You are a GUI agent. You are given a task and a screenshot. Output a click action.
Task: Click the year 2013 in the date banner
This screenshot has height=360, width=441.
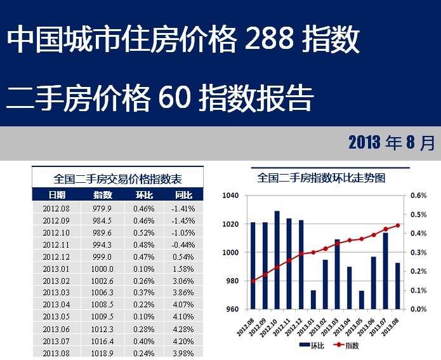[x=364, y=143]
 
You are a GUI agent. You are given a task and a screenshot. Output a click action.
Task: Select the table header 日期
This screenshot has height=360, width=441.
[x=56, y=195]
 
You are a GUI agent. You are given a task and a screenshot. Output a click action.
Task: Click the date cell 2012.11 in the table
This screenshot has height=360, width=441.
[x=56, y=244]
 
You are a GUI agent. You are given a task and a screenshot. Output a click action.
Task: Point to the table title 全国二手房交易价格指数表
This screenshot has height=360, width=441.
[x=118, y=178]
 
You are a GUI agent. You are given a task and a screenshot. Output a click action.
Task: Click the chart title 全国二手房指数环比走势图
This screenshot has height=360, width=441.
[x=321, y=178]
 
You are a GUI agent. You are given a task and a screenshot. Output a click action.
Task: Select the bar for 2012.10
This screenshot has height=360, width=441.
[x=277, y=260]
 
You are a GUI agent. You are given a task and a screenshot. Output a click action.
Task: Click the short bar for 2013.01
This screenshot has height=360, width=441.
[x=313, y=300]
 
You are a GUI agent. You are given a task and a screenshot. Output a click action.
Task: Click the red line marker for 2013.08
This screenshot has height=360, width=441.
[x=398, y=225]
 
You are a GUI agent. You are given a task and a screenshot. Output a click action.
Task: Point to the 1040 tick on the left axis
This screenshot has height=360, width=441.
[x=230, y=196]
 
